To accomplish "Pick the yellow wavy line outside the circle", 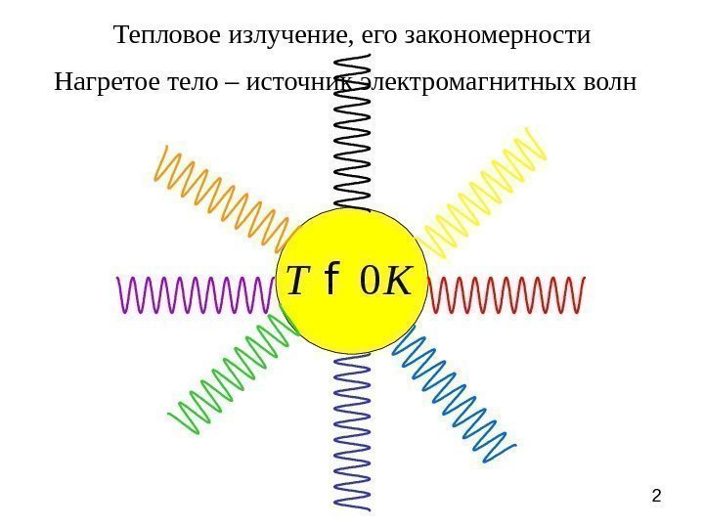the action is click(x=484, y=192).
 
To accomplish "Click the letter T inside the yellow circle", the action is click(x=297, y=282).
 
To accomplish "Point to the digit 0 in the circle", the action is click(x=369, y=282).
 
